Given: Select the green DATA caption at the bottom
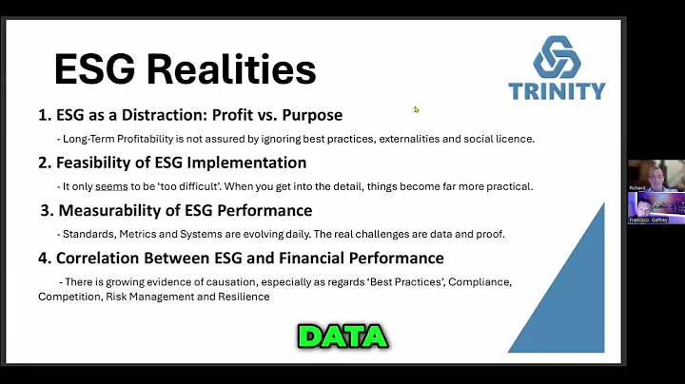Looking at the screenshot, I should pyautogui.click(x=342, y=336).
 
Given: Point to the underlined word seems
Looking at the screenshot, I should pyautogui.click(x=111, y=186).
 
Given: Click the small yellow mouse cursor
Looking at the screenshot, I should pyautogui.click(x=417, y=109).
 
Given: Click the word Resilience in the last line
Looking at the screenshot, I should pyautogui.click(x=242, y=296).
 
